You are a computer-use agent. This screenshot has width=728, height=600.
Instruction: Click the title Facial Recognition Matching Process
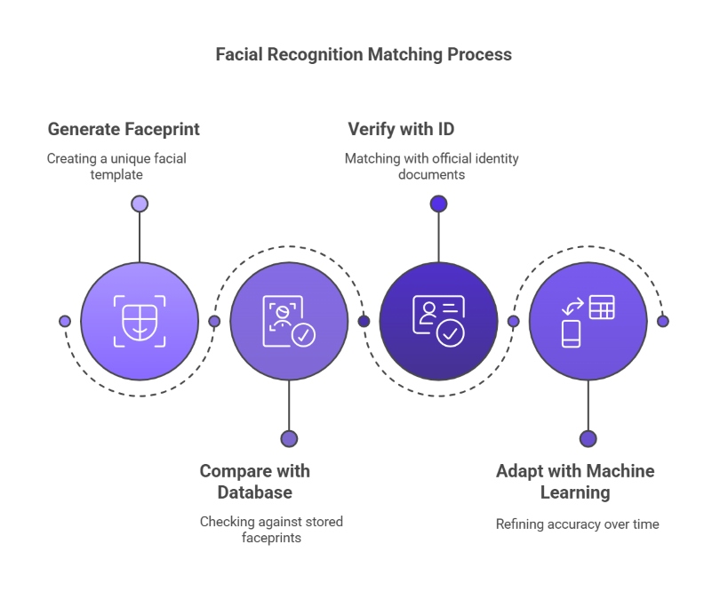coord(364,54)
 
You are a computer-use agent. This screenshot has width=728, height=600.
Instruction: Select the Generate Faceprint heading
coord(124,129)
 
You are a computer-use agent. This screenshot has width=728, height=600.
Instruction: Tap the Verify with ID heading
coord(401,129)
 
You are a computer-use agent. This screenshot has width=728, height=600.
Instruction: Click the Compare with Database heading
coord(254,481)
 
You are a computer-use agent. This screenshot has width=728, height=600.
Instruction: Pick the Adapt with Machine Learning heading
coord(575,481)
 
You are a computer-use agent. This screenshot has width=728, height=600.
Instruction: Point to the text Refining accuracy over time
coord(577,524)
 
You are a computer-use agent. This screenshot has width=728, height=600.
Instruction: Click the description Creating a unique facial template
coord(116,166)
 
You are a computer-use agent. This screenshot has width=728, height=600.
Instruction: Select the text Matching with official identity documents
coord(431,166)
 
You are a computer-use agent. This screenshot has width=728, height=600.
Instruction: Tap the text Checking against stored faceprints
coord(271,529)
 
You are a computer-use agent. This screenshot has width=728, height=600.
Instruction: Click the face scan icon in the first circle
coord(140,320)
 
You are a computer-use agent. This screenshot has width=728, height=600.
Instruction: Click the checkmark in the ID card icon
coord(451,333)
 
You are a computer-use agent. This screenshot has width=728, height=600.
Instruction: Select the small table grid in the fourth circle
coord(602,307)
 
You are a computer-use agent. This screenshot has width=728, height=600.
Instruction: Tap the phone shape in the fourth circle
coord(571,333)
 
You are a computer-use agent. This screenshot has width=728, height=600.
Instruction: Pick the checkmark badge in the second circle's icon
coord(303,334)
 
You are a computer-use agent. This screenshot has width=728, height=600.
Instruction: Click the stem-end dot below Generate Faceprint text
coord(140,204)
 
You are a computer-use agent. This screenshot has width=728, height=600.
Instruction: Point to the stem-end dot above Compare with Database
coord(289,438)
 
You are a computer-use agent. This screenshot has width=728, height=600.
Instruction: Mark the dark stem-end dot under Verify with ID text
coord(438,204)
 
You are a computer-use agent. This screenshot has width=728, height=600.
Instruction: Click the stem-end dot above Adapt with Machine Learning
coord(588,438)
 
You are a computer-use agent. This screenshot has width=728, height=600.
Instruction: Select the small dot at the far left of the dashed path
coord(64,321)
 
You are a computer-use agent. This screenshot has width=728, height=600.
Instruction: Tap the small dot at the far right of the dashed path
coord(662,321)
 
